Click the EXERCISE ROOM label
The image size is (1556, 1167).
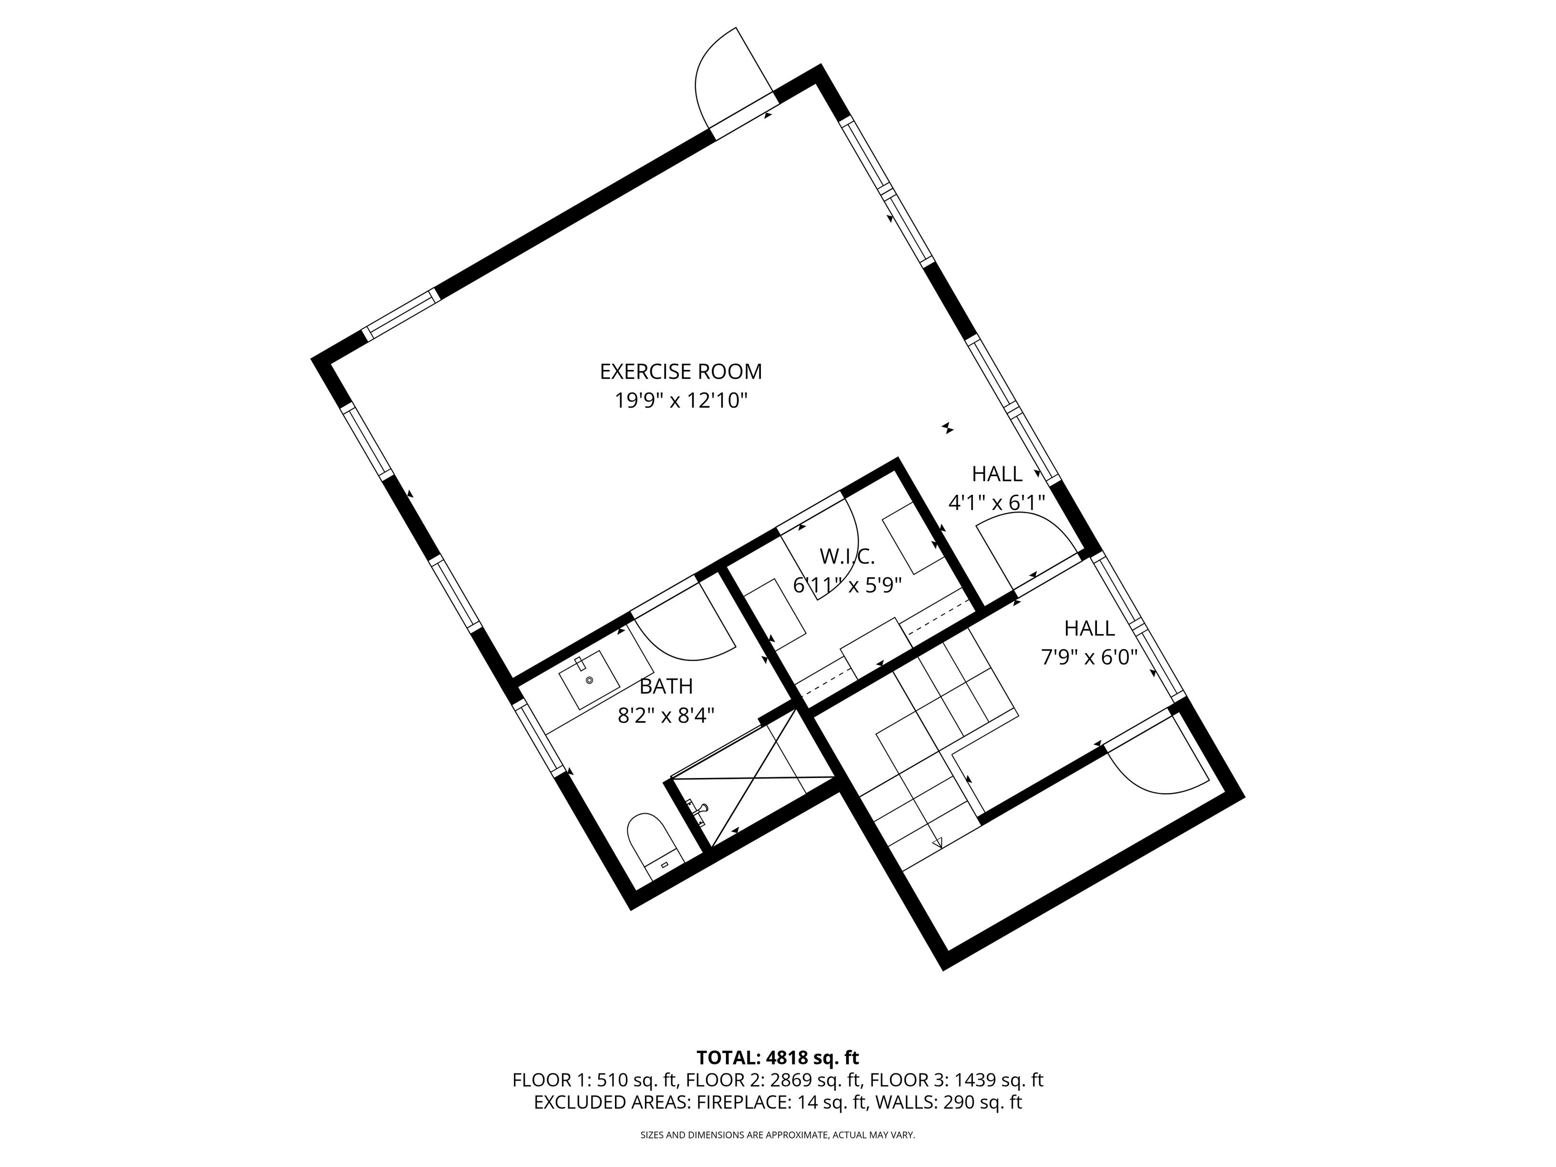[x=680, y=371]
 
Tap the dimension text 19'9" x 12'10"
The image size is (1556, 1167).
[x=680, y=401]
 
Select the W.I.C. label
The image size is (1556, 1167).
[x=847, y=556]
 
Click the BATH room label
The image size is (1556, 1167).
[x=665, y=686]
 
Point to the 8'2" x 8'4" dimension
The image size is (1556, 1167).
[x=665, y=716]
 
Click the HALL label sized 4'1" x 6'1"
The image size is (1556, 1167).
[x=997, y=474]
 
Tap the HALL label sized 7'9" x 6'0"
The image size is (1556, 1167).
[x=1089, y=628]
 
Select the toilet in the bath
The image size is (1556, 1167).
[x=653, y=844]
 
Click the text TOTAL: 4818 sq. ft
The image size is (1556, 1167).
[x=778, y=1058]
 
